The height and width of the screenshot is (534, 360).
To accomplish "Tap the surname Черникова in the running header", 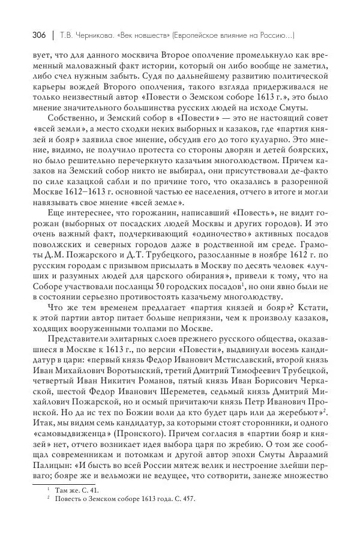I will pos(89,35).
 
